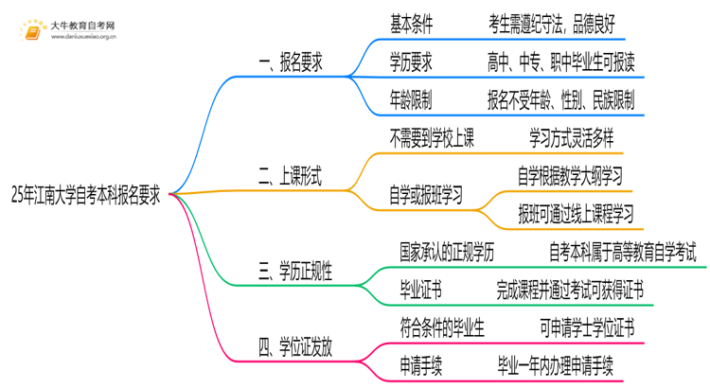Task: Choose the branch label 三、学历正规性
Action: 296,273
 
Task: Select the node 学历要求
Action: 411,63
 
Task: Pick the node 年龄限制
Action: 411,98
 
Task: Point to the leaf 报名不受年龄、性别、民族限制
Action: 560,98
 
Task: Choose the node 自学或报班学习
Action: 425,196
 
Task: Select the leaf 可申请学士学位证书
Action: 587,327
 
